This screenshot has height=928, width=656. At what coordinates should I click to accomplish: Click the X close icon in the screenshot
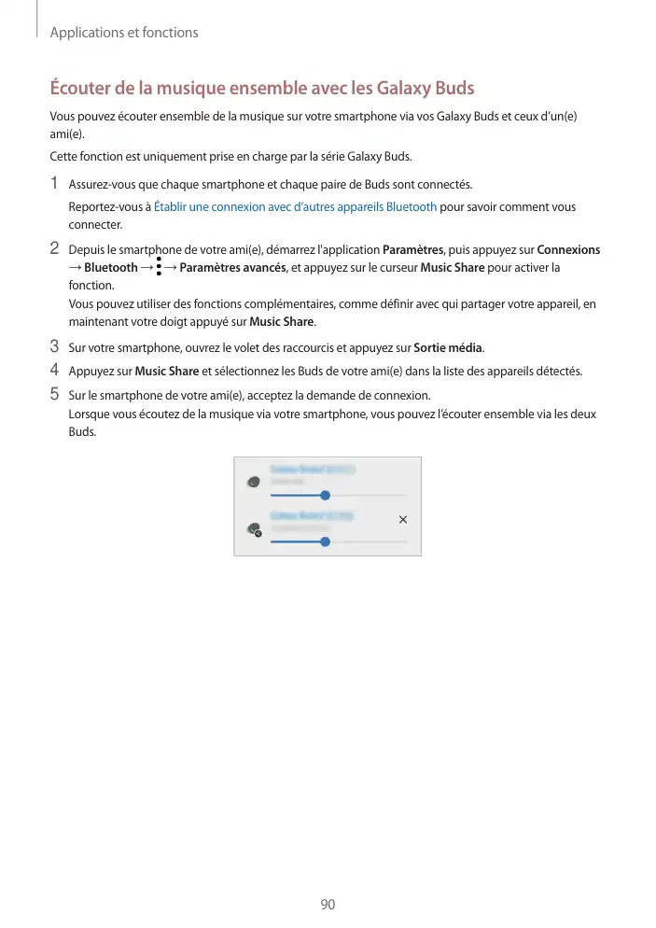point(402,518)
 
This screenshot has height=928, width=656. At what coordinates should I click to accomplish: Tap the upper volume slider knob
point(325,495)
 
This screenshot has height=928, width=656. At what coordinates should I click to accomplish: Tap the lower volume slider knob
point(325,541)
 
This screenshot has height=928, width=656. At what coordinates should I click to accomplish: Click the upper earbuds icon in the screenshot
point(253,483)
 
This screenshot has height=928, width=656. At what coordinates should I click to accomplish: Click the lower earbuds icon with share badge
point(253,529)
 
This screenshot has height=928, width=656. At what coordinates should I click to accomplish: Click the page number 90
point(328,905)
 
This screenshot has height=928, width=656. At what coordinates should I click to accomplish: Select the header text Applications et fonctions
point(124,33)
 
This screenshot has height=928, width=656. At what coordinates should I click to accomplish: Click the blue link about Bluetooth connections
point(295,206)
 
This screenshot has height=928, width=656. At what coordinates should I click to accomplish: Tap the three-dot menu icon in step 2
point(160,268)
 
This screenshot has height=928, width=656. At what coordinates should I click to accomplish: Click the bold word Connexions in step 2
point(568,250)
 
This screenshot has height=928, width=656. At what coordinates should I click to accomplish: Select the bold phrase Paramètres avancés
point(232,269)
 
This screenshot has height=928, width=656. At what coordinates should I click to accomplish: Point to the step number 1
point(55,182)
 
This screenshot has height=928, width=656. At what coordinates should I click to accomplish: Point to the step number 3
point(55,347)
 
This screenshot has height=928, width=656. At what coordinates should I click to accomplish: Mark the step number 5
point(55,394)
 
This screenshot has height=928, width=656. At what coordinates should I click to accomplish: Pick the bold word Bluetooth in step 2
point(110,269)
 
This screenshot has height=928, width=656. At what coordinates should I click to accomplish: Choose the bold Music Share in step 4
point(166,372)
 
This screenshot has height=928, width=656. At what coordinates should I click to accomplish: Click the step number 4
point(55,371)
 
